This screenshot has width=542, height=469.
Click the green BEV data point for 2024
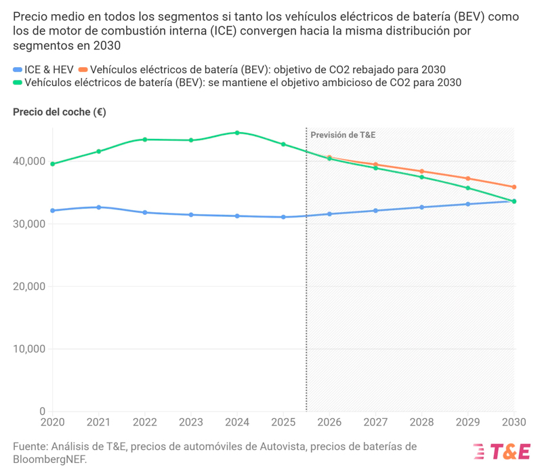[x=237, y=133]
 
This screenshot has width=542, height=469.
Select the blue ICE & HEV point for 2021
[x=99, y=207]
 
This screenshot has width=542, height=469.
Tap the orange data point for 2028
[x=422, y=171]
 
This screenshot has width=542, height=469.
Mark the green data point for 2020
[x=53, y=164]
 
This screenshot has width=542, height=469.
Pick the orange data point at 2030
[x=514, y=187]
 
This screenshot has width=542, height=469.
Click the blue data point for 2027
[x=376, y=211]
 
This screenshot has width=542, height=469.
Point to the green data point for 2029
[x=468, y=188]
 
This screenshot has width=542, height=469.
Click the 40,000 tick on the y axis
[x=31, y=161]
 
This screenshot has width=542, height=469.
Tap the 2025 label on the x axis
[x=283, y=422]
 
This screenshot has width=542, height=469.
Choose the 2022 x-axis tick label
[x=145, y=422]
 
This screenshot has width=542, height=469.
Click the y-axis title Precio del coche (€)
[x=60, y=112]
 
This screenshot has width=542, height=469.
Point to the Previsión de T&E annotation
[x=343, y=135]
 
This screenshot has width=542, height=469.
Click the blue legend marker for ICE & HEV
[x=18, y=70]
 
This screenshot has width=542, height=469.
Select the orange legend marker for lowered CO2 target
[x=83, y=70]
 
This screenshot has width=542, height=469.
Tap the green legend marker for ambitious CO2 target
[x=18, y=83]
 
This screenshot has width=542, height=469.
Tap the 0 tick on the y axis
[x=42, y=411]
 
